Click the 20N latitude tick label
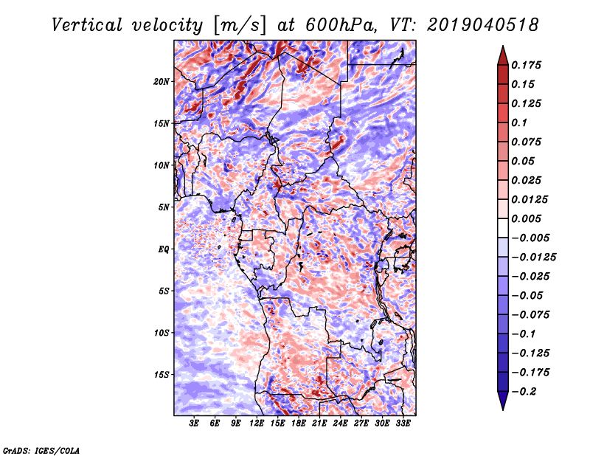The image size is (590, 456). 162,81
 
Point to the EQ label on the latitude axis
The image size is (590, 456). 164,249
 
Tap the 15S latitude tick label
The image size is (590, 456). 162,375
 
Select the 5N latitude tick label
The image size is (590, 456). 164,207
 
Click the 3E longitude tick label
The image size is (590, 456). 194,424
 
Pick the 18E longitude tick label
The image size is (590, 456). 299,424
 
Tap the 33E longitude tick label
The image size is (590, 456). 403,424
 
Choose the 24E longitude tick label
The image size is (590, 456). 340,424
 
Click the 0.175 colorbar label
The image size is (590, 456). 526,65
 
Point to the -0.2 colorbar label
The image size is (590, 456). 524,392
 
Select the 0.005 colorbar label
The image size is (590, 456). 526,218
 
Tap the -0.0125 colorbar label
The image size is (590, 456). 533,258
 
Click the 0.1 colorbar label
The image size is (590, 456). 519,122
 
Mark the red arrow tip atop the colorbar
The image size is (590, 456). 503,46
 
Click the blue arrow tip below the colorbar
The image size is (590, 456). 503,410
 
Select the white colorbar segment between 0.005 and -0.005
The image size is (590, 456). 503,228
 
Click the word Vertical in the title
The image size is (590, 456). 87,25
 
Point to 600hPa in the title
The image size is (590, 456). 339,25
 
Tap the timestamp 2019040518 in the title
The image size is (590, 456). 483,25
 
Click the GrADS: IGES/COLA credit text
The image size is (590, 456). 41,450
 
